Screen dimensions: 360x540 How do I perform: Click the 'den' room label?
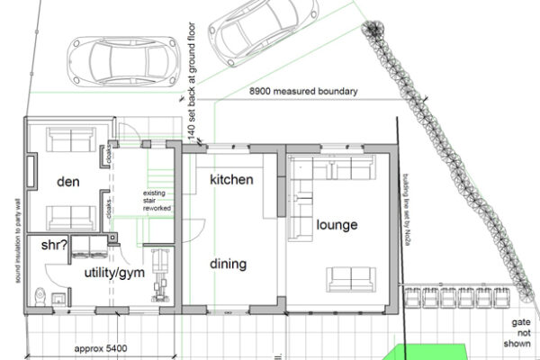pos(68,182)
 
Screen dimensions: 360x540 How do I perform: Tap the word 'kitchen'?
pos(230,180)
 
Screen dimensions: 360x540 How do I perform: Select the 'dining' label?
pos(229,264)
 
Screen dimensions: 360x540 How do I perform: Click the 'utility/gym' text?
pos(116,271)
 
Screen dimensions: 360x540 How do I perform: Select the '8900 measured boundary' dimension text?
pos(304,92)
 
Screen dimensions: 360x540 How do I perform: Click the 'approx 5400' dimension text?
pos(97,346)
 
